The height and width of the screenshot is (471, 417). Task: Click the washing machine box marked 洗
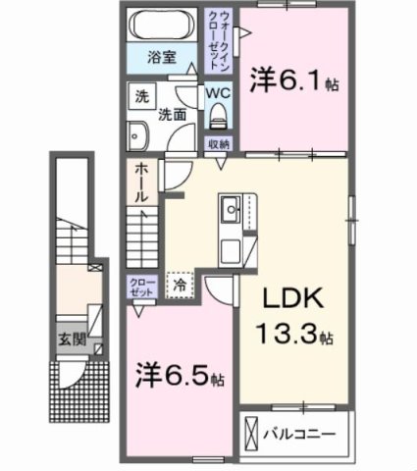coord(141,97)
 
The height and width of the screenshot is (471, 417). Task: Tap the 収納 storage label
coord(218,144)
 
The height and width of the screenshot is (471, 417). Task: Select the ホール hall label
coord(141,182)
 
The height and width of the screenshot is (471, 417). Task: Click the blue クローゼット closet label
coord(142,288)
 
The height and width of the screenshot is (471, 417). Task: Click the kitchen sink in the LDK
coord(232,209)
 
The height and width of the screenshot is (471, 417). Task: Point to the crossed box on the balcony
coord(252,432)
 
